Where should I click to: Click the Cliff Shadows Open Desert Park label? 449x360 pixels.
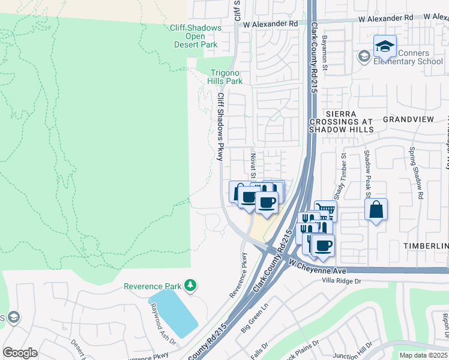(195, 36)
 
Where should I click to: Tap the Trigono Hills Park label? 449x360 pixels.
(226, 76)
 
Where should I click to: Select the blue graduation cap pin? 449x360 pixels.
(385, 46)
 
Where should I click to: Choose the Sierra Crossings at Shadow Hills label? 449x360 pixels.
(342, 121)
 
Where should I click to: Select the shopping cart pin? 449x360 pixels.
(326, 211)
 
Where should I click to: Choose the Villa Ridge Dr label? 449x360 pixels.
(342, 280)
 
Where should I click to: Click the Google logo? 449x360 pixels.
(20, 352)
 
